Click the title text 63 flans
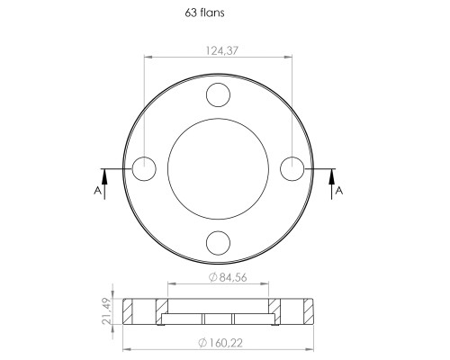(x=204, y=13)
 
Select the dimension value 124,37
(x=221, y=50)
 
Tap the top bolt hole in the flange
(x=218, y=94)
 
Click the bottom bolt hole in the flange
(x=218, y=243)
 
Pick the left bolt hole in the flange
(x=144, y=169)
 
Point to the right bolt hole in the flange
(x=292, y=169)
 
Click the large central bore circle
(x=167, y=169)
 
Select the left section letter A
(x=97, y=191)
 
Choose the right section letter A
(x=339, y=191)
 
